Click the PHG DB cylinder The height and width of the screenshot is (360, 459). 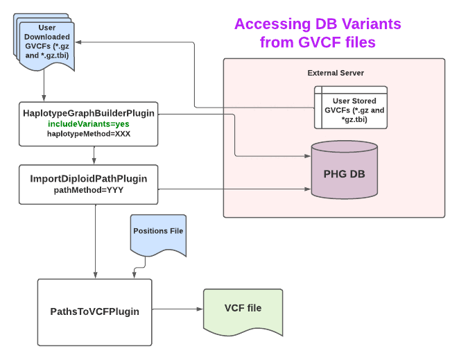click(x=345, y=172)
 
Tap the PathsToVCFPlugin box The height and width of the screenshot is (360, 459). click(x=94, y=312)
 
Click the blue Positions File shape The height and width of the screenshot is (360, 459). click(x=158, y=232)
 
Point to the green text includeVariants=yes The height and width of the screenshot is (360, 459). click(x=88, y=123)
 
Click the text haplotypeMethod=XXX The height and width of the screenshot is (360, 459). click(x=88, y=133)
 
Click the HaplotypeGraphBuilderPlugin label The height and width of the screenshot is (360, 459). click(x=88, y=112)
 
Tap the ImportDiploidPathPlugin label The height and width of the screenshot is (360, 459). click(x=88, y=178)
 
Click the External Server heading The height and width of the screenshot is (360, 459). click(x=336, y=73)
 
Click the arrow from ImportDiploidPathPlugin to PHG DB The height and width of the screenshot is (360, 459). click(x=229, y=188)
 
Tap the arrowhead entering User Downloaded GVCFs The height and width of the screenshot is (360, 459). click(x=89, y=43)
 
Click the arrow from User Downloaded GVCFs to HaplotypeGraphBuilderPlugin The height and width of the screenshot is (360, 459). click(x=44, y=87)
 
